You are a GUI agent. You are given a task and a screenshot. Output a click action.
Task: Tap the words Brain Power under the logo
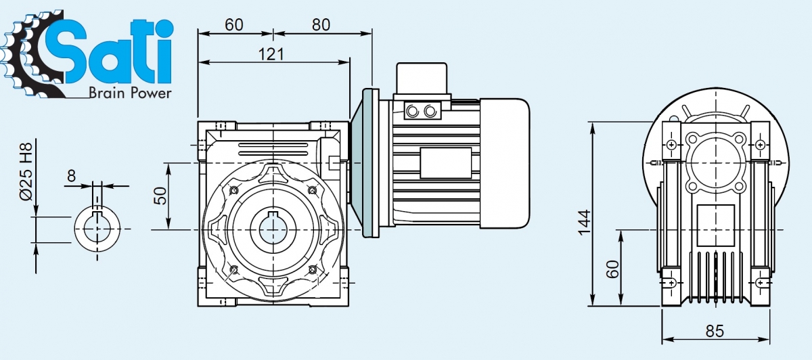coord(130,93)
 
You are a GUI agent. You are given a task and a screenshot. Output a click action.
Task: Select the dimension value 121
coord(271,54)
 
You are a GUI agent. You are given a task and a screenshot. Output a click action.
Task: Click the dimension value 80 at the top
coord(321,24)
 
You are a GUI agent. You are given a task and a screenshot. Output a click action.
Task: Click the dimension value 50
coord(160,196)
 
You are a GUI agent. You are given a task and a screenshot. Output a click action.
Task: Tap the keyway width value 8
coord(72,177)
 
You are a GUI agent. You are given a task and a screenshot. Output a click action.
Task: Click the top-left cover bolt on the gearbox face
coord(234,191)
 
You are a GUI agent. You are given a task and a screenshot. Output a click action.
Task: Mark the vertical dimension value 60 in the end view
coord(612,269)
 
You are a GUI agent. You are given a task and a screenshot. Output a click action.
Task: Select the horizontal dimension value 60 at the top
coord(234,24)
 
